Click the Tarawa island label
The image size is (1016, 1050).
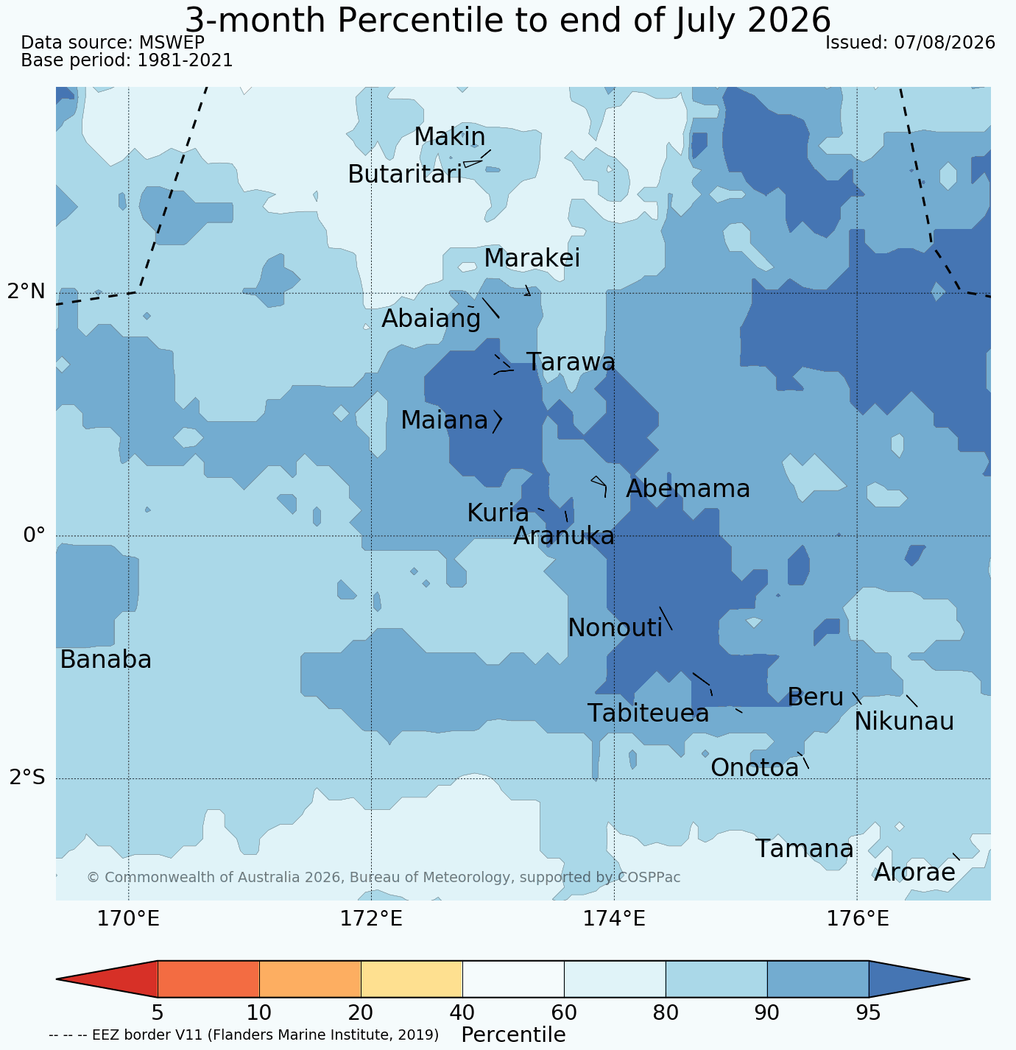571,362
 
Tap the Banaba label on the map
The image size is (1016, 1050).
106,660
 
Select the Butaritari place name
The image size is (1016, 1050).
405,175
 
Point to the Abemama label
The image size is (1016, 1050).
688,489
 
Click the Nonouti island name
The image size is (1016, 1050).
615,628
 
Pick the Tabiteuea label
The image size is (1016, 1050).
648,713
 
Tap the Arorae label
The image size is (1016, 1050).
914,873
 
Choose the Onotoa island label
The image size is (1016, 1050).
755,768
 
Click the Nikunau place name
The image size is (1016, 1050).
904,722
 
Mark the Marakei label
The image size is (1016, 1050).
532,258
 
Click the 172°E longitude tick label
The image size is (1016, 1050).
371,918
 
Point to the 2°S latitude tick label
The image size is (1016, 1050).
27,777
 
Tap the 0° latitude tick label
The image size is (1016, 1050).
34,535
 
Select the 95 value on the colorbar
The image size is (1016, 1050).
868,1012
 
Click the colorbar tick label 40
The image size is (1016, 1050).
462,1012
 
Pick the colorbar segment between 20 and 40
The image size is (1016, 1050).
412,979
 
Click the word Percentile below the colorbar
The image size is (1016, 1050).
514,1035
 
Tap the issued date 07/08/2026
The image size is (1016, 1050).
945,43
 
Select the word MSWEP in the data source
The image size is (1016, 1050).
172,43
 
